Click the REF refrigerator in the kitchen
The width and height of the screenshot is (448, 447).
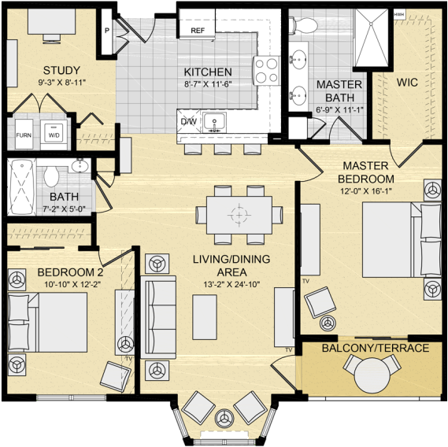click(x=197, y=24)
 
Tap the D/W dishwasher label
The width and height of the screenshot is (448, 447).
click(x=189, y=122)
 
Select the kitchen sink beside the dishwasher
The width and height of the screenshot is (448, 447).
click(x=215, y=122)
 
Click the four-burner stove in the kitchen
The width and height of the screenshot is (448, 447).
click(x=266, y=71)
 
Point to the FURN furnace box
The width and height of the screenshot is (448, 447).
click(x=24, y=135)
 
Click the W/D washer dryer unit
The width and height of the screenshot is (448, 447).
click(x=54, y=135)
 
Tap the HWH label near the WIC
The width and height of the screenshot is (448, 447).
click(x=399, y=14)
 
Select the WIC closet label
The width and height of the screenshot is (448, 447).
click(x=407, y=83)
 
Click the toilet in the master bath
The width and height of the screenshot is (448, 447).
click(x=303, y=26)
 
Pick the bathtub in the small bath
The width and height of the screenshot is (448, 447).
click(x=22, y=187)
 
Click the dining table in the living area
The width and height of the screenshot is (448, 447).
click(x=239, y=215)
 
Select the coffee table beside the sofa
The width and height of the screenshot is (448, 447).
click(x=205, y=317)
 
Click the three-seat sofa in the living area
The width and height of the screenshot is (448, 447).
click(x=158, y=317)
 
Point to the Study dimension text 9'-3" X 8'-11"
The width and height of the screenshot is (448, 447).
click(x=62, y=83)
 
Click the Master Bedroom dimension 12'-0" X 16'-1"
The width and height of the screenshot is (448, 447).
click(x=365, y=190)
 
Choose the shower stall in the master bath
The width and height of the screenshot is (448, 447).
click(x=372, y=38)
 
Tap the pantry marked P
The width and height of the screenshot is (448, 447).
click(x=107, y=31)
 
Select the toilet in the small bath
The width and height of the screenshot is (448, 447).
click(x=51, y=175)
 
